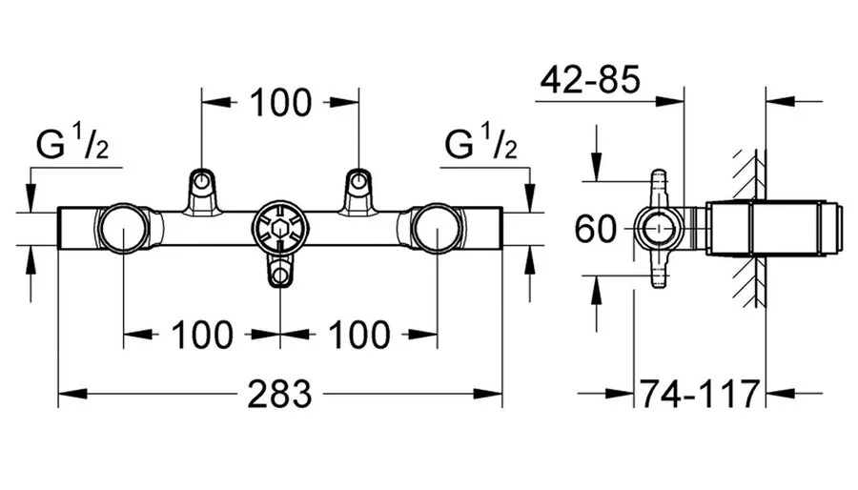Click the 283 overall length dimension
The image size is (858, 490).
pyautogui.click(x=281, y=393)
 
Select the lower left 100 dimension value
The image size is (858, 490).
pyautogui.click(x=201, y=334)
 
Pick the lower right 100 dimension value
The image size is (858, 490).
pyautogui.click(x=358, y=334)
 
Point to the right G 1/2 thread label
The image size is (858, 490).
pyautogui.click(x=481, y=144)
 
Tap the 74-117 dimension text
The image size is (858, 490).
pyautogui.click(x=701, y=393)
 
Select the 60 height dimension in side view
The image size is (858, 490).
pyautogui.click(x=595, y=229)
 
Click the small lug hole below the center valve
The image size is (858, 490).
pyautogui.click(x=280, y=277)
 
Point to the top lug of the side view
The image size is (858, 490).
pyautogui.click(x=659, y=181)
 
